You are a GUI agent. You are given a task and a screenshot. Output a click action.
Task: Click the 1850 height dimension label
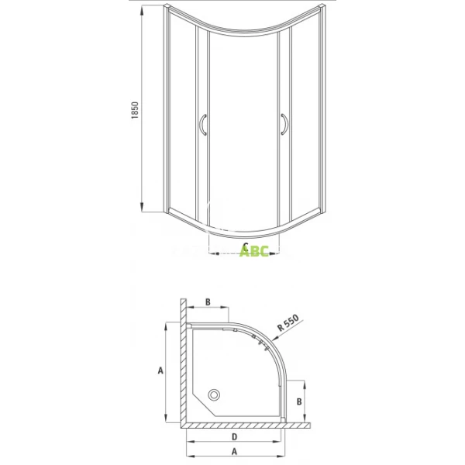(135, 110)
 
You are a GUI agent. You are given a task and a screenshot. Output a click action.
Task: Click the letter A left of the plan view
(160, 370)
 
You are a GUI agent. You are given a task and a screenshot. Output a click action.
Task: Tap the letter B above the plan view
(208, 301)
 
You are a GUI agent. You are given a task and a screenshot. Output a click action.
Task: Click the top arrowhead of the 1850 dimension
(143, 13)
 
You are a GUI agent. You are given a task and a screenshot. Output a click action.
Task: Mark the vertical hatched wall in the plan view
(183, 364)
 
